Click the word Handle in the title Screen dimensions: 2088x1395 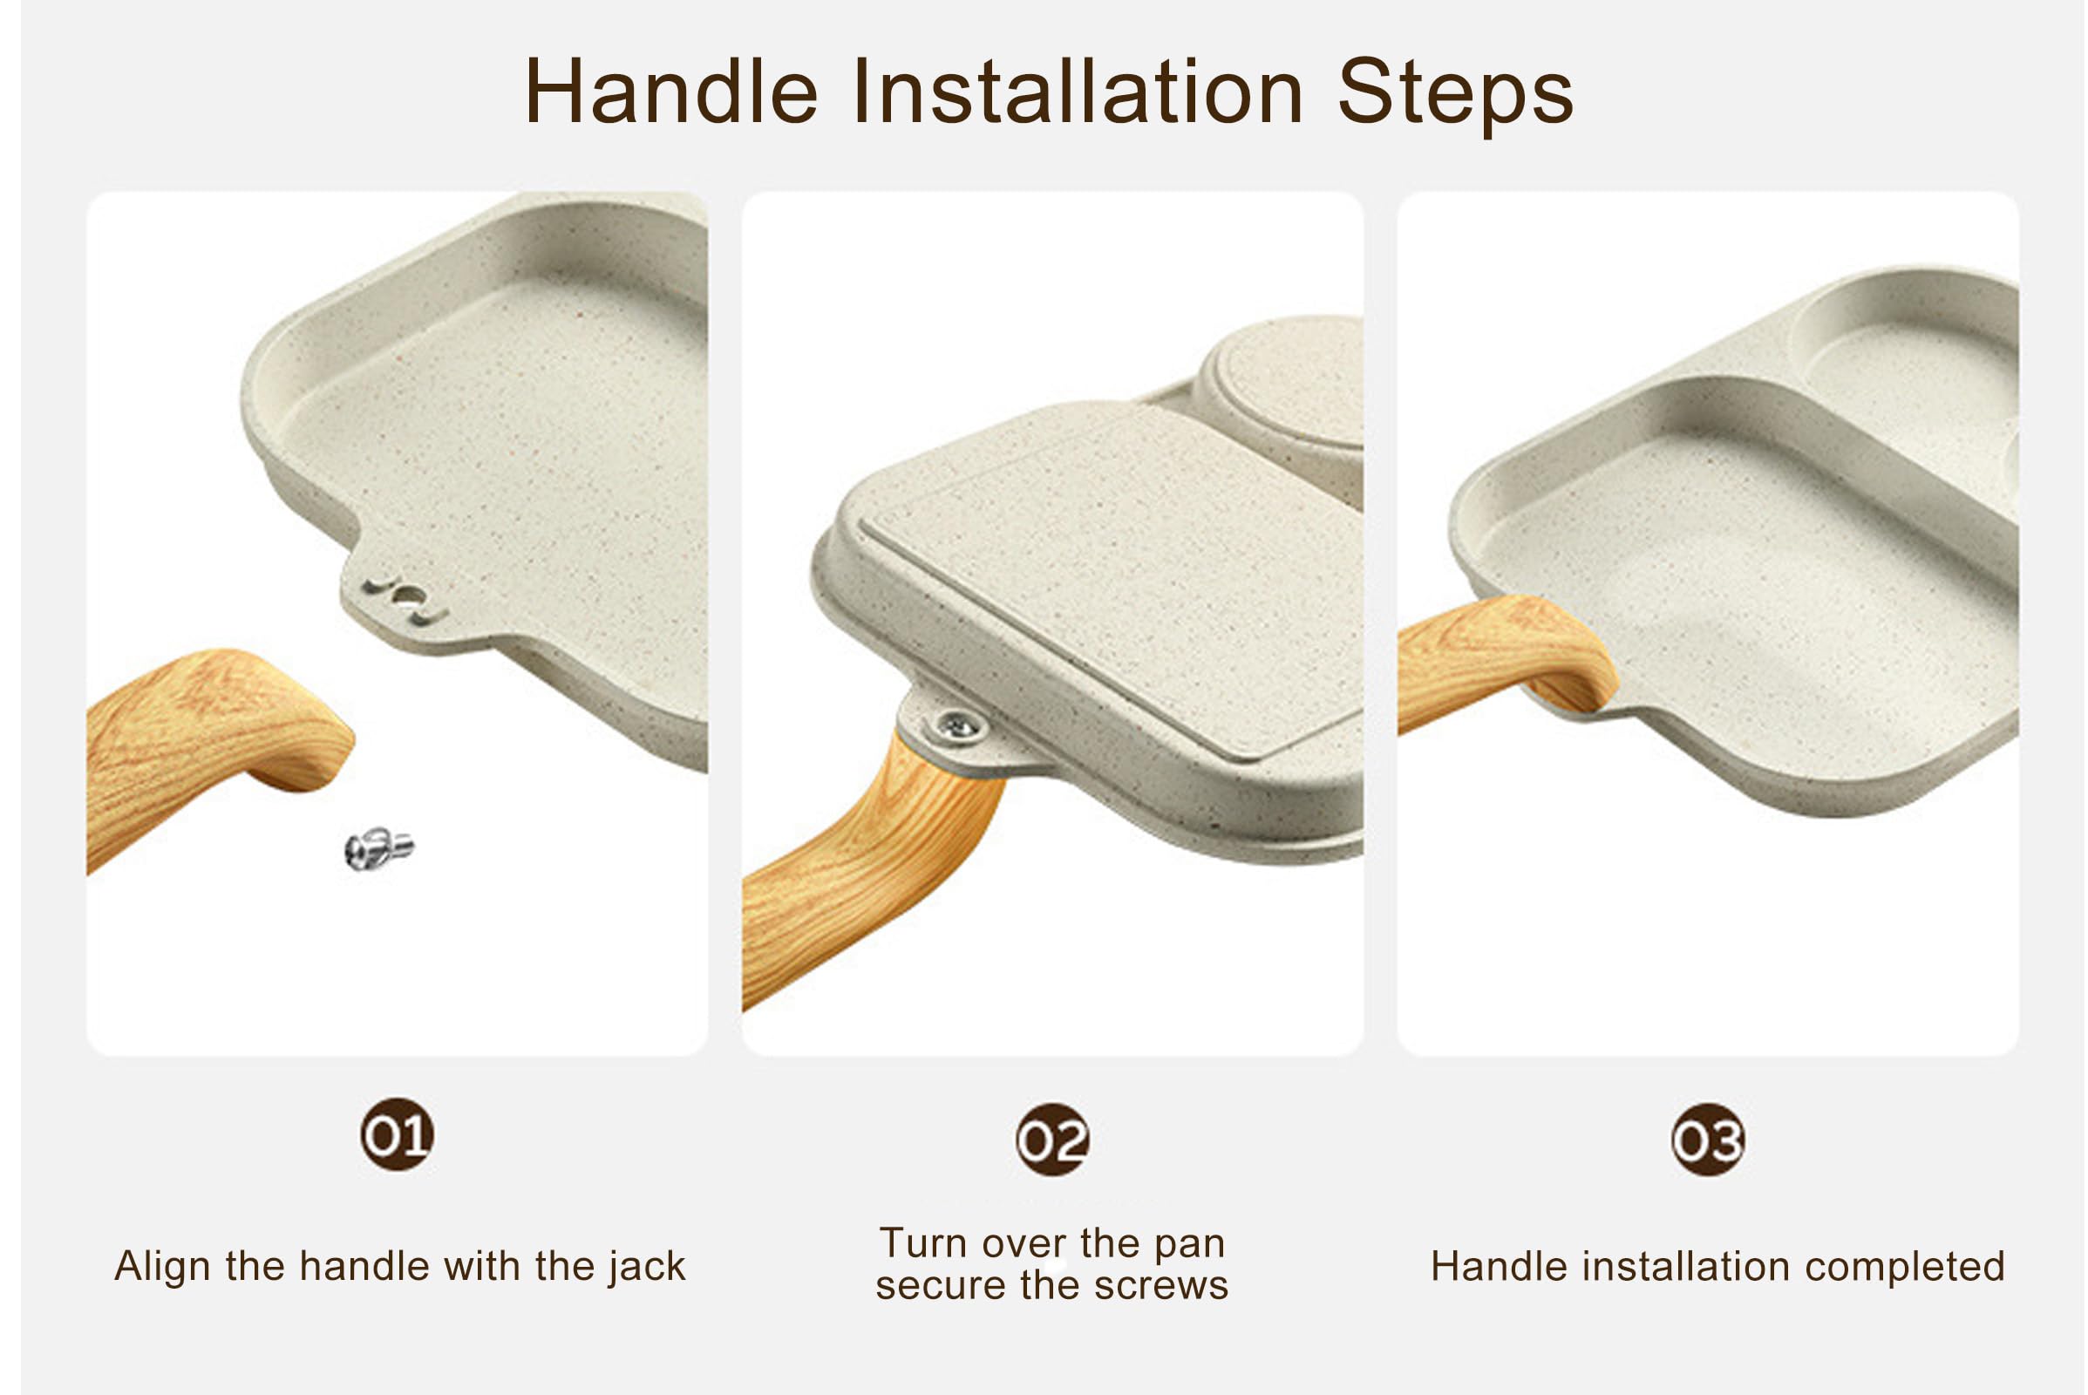[671, 92]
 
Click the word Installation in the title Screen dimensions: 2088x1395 [1078, 92]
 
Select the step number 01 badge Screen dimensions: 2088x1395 [398, 1135]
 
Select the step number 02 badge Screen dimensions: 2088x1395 [1053, 1140]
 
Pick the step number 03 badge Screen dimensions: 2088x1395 [1708, 1140]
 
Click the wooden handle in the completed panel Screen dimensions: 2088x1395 [1504, 658]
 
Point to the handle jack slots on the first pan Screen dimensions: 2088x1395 [405, 599]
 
